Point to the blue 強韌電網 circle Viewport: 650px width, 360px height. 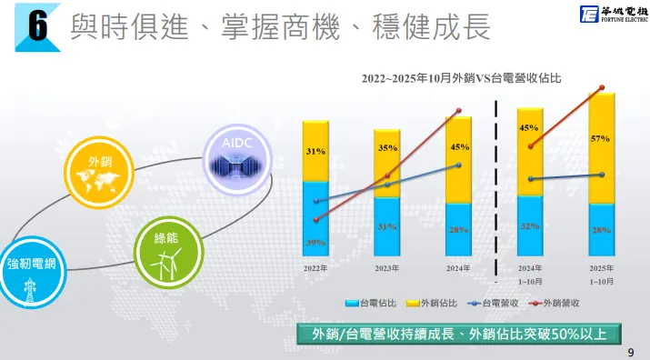pyautogui.click(x=32, y=274)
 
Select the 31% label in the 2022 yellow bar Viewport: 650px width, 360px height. pyautogui.click(x=315, y=151)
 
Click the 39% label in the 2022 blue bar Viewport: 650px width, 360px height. pyautogui.click(x=315, y=243)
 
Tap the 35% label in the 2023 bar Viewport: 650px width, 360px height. pyautogui.click(x=387, y=147)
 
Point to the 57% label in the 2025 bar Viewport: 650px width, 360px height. pyautogui.click(x=600, y=138)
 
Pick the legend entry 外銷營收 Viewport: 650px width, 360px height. pyautogui.click(x=560, y=301)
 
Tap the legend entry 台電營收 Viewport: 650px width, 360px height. pyautogui.click(x=499, y=301)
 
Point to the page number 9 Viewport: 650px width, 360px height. pyautogui.click(x=631, y=350)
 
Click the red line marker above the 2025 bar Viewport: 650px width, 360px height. pyautogui.click(x=601, y=88)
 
